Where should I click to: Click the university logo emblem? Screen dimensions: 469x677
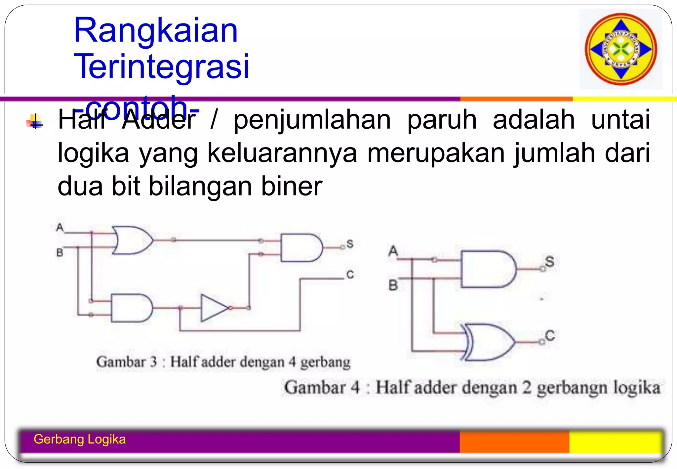tap(621, 49)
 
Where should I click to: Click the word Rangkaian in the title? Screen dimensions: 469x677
tap(156, 30)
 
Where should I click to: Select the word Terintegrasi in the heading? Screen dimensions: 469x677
tap(161, 66)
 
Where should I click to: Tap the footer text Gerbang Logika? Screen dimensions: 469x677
tap(80, 439)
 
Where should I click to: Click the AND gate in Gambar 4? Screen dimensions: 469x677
tap(488, 269)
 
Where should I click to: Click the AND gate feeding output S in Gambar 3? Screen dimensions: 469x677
tap(301, 248)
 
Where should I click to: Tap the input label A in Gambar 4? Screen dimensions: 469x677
tap(393, 251)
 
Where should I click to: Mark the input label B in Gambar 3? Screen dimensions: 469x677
tap(60, 253)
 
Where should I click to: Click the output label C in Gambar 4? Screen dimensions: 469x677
tap(550, 335)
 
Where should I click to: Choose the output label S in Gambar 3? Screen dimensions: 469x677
tap(350, 244)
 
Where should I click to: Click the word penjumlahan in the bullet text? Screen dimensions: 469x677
tap(312, 120)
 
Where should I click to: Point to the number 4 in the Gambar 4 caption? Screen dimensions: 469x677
tap(355, 387)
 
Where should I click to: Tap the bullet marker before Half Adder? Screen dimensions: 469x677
tap(35, 122)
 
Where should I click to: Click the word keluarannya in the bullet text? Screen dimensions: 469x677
tap(282, 153)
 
